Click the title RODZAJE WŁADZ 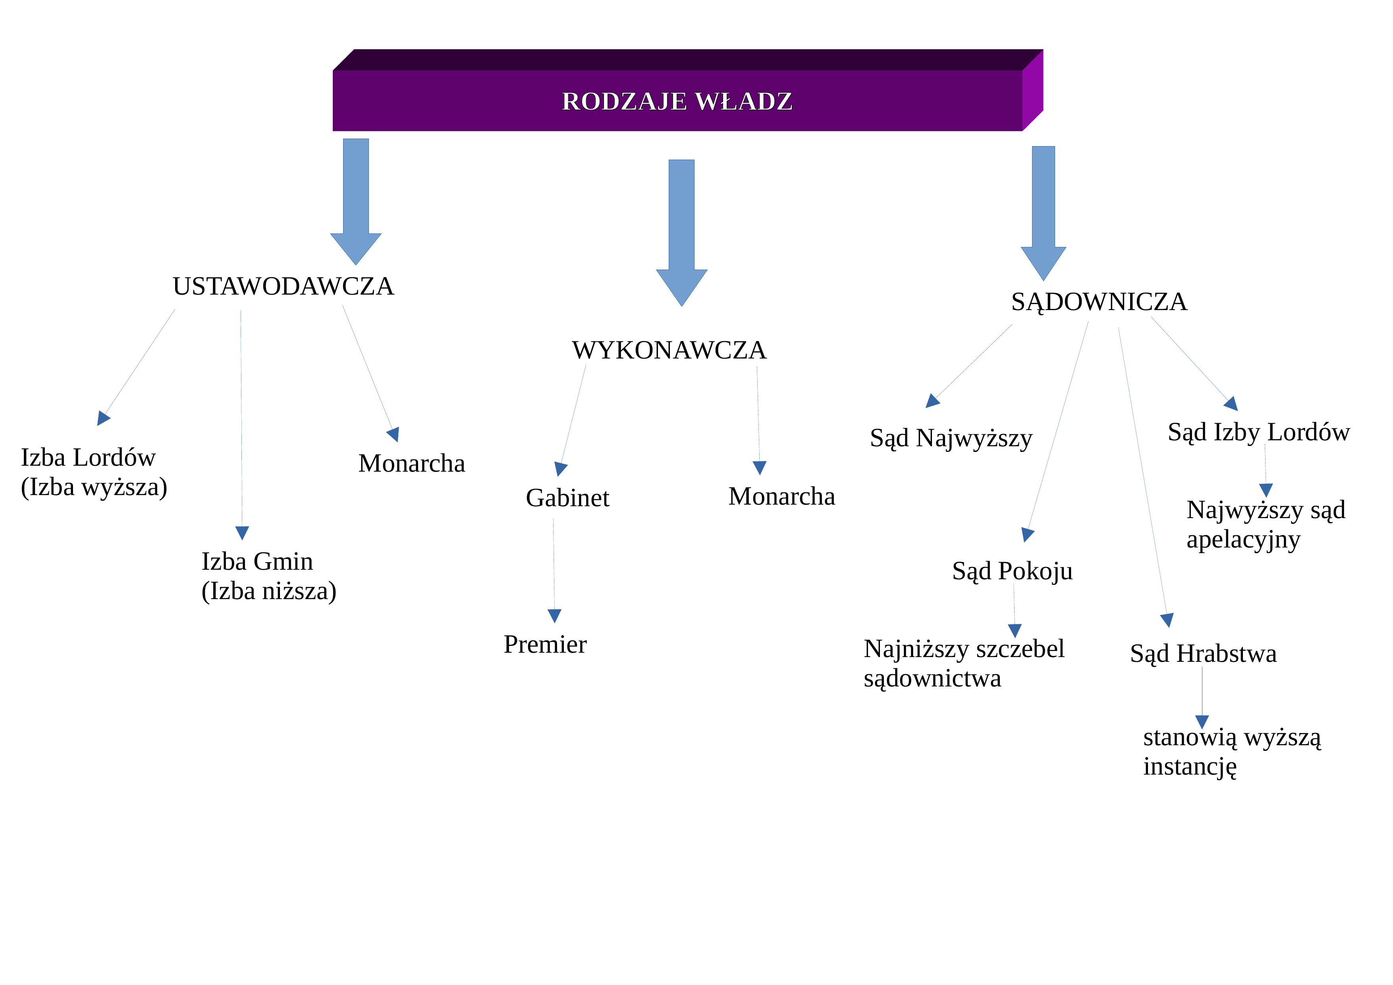[677, 101]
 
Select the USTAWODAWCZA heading [284, 286]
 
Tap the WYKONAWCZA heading [669, 350]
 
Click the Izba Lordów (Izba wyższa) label [94, 472]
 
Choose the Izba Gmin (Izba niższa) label [269, 576]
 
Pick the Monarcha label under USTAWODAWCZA [411, 463]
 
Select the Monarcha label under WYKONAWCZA [781, 496]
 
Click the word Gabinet [567, 498]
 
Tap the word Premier [545, 644]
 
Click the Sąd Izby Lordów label [1258, 432]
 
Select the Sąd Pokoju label [1012, 571]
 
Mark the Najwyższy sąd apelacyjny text [1266, 524]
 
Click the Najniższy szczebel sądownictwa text [964, 663]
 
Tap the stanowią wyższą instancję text [1232, 752]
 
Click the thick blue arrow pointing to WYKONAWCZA [681, 233]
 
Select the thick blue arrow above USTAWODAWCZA [355, 201]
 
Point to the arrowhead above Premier [554, 616]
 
